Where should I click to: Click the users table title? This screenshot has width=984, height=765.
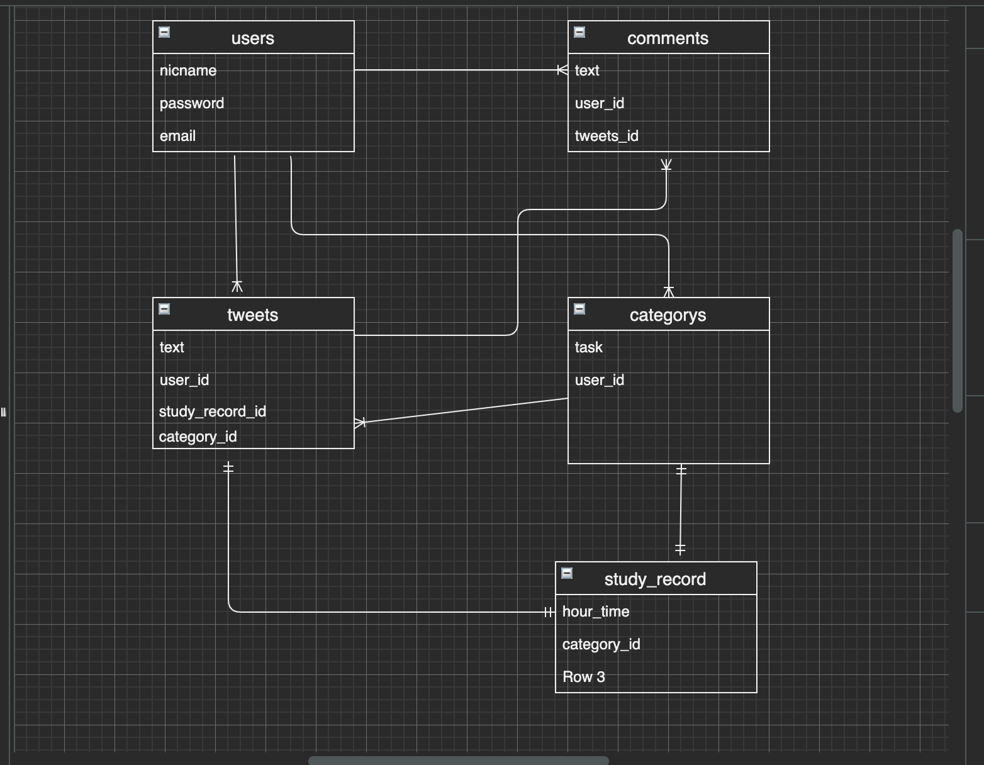coord(252,38)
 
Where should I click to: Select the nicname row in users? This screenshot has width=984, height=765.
coord(188,70)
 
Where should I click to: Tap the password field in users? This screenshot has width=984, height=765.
coord(192,103)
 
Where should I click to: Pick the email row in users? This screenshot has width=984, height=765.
coord(177,136)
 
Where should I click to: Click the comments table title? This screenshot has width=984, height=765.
coord(668,38)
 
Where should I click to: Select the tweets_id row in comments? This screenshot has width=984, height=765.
coord(607,136)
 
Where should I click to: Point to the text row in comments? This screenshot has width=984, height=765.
coord(587,70)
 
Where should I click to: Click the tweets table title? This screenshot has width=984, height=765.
coord(252,315)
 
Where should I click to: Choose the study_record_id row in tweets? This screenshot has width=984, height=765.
coord(213,411)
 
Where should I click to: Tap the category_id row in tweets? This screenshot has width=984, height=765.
coord(198,437)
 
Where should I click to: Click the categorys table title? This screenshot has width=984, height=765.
coord(668,315)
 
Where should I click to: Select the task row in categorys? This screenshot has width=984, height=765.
coord(589,347)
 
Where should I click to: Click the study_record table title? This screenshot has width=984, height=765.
coord(655,579)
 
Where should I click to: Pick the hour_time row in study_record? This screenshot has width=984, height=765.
coord(596,611)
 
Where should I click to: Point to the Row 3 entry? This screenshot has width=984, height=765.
coord(584,677)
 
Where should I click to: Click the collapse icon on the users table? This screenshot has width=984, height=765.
coord(164,32)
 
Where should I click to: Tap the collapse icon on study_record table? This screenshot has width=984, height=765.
coord(567,573)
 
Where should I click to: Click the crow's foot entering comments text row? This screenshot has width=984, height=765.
coord(562,70)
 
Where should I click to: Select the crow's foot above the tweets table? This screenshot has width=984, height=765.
coord(237,286)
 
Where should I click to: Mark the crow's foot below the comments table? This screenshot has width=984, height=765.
coord(666,165)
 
